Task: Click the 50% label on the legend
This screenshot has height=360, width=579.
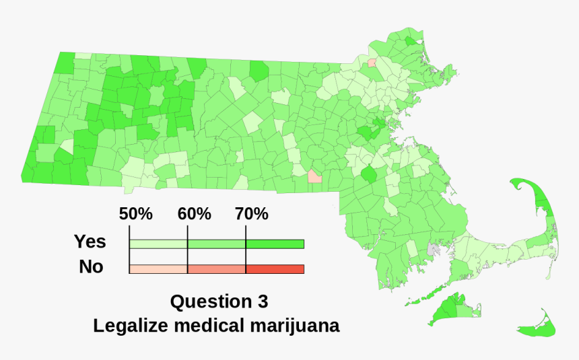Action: click(136, 215)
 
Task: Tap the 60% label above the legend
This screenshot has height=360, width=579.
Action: click(195, 215)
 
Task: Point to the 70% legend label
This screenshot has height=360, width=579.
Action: click(252, 215)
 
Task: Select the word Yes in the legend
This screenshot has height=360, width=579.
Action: click(90, 242)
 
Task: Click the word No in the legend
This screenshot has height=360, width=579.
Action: click(91, 267)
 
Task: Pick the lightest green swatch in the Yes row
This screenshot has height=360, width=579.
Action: click(158, 244)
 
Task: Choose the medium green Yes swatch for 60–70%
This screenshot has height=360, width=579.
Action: click(216, 244)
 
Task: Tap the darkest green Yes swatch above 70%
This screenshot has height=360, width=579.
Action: click(275, 244)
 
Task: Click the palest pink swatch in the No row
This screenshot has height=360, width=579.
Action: click(158, 269)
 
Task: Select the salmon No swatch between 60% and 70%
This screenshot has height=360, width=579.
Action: click(216, 269)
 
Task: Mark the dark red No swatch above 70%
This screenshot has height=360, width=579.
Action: click(275, 269)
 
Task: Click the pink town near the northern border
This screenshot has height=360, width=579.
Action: click(371, 63)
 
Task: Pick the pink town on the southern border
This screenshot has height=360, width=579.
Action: click(314, 177)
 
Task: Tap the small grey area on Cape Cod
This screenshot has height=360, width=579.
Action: click(433, 249)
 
